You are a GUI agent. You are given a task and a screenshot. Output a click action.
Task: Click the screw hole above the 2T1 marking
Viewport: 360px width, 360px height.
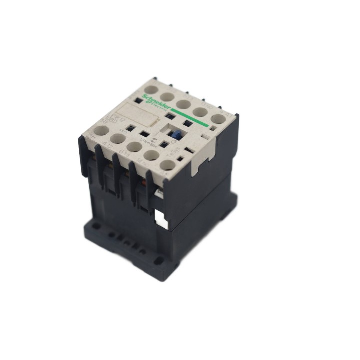point(102,130)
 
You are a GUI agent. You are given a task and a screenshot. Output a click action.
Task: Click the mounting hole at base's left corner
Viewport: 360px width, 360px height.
point(92,226)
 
